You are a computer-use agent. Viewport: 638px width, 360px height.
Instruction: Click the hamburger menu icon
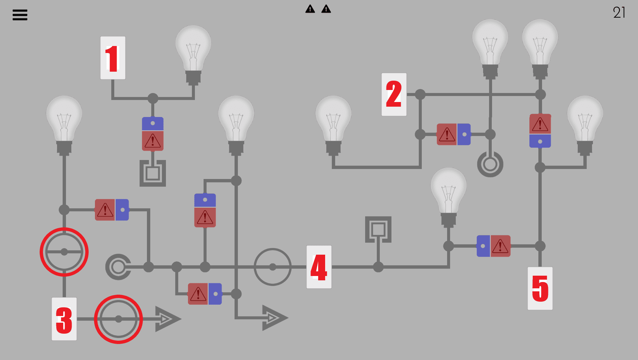20,15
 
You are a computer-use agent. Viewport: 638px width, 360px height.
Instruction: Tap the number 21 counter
619,13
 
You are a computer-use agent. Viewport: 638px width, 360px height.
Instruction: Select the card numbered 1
113,58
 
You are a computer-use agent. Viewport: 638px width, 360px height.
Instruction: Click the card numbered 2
394,94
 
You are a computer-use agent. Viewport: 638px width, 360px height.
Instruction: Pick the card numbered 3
64,319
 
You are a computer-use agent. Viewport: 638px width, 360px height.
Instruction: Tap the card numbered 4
319,267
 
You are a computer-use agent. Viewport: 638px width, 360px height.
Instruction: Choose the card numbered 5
540,288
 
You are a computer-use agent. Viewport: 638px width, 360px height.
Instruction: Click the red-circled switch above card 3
64,252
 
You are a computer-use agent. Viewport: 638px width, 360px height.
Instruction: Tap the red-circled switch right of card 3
118,319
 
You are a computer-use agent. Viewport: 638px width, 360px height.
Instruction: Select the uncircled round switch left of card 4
273,267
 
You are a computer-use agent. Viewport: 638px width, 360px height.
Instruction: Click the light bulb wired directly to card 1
193,53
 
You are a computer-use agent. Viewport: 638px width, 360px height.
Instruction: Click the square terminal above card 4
378,229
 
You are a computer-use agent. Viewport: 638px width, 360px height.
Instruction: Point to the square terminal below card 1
153,173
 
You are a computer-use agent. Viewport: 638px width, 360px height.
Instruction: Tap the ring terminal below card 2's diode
490,164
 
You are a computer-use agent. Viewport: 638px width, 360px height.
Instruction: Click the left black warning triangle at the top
310,9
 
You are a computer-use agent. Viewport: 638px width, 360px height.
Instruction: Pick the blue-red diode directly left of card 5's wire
493,246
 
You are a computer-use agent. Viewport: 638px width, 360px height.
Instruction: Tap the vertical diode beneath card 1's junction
153,134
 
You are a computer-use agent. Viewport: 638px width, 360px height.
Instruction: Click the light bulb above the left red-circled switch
64,123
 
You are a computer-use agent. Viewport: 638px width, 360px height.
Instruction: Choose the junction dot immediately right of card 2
420,94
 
